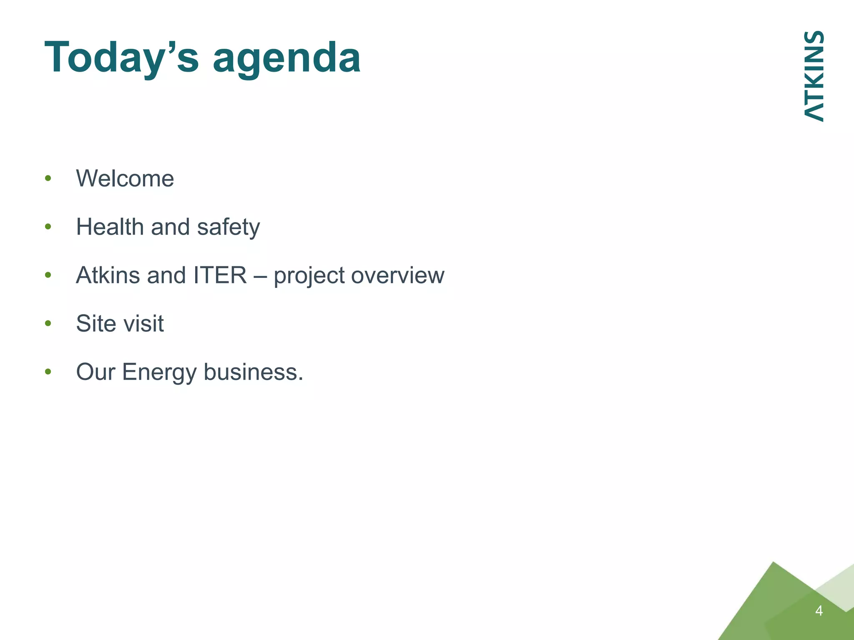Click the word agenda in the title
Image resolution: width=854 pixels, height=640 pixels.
[x=286, y=58]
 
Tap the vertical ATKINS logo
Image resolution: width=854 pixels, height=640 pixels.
[x=814, y=76]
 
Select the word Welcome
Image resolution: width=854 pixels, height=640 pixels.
[x=125, y=179]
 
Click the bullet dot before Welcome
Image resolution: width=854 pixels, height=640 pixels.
[x=48, y=179]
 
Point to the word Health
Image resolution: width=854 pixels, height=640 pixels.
[x=110, y=227]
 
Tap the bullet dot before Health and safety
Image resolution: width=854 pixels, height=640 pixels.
[x=48, y=227]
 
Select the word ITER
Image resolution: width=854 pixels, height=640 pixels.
[x=220, y=275]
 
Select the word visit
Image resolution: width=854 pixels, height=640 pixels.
[x=141, y=323]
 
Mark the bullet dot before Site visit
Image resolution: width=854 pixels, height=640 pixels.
[x=48, y=323]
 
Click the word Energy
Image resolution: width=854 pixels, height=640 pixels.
[x=159, y=372]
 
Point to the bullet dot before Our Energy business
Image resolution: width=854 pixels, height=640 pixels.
[x=48, y=372]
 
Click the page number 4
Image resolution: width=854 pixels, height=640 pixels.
[x=819, y=611]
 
